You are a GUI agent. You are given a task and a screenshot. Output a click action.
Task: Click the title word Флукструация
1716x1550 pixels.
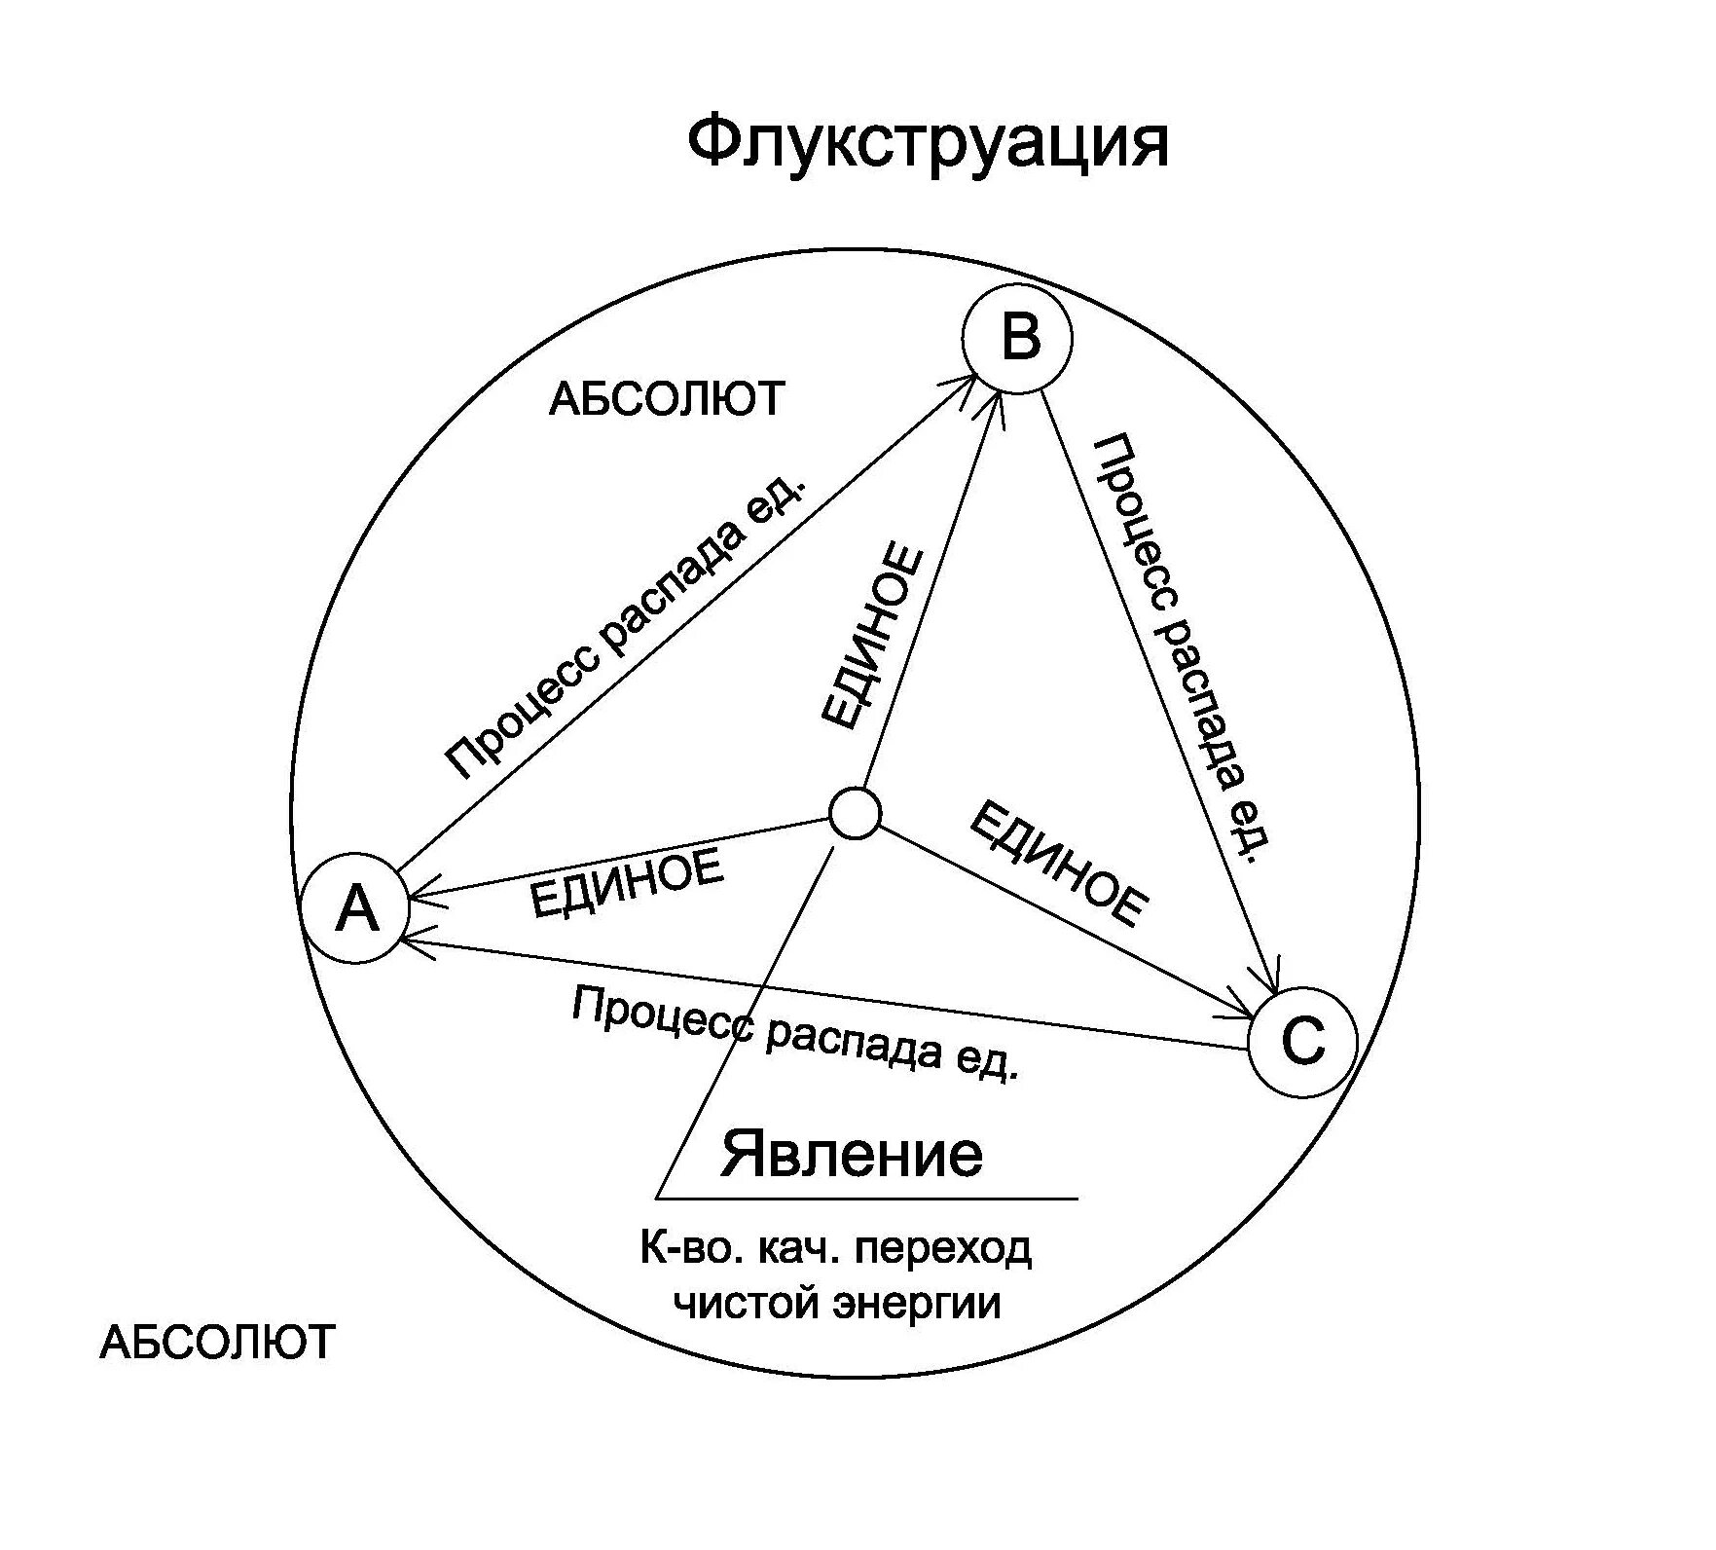[928, 143]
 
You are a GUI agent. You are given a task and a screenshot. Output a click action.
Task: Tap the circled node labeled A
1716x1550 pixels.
[356, 908]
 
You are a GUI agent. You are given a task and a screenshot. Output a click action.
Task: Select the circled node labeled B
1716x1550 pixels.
[1018, 339]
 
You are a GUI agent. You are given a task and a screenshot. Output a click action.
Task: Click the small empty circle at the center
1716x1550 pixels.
[856, 812]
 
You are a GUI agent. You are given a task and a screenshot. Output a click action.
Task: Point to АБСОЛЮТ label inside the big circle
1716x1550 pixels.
[667, 399]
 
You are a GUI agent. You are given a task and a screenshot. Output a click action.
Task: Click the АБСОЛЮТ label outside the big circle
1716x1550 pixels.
[217, 1342]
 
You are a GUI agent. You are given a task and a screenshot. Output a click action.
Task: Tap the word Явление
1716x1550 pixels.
[852, 1154]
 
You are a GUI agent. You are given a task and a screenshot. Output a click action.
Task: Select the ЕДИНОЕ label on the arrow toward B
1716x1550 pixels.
[872, 638]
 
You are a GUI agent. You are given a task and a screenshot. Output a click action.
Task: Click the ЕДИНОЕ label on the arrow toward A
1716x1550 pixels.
[627, 882]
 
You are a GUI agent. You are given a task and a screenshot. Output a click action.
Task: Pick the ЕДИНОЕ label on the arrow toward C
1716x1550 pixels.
[1059, 863]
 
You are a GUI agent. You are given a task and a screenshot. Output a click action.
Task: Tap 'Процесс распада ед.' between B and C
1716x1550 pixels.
[1185, 648]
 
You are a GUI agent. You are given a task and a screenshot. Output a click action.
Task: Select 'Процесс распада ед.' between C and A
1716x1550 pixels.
[794, 1033]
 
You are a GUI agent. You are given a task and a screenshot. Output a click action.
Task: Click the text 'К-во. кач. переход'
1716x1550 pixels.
[835, 1249]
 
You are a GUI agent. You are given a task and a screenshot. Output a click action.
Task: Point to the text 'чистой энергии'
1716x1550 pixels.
[837, 1304]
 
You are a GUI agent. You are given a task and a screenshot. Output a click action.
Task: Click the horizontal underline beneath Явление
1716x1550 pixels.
[866, 1198]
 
